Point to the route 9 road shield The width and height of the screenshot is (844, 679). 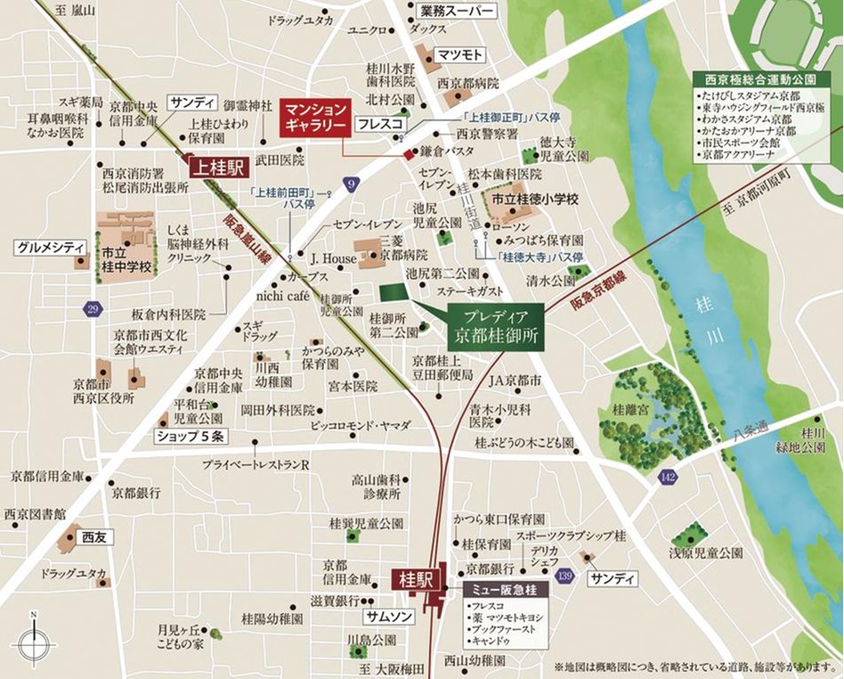pyautogui.click(x=353, y=184)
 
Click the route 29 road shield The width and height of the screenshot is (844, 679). pyautogui.click(x=93, y=308)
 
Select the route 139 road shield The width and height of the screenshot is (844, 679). pyautogui.click(x=563, y=578)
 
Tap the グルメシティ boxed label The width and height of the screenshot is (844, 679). pyautogui.click(x=49, y=247)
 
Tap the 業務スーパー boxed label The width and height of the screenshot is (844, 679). pyautogui.click(x=457, y=12)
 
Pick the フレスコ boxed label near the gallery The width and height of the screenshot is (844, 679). pyautogui.click(x=381, y=124)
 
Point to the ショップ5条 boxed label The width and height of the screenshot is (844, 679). pyautogui.click(x=191, y=437)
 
